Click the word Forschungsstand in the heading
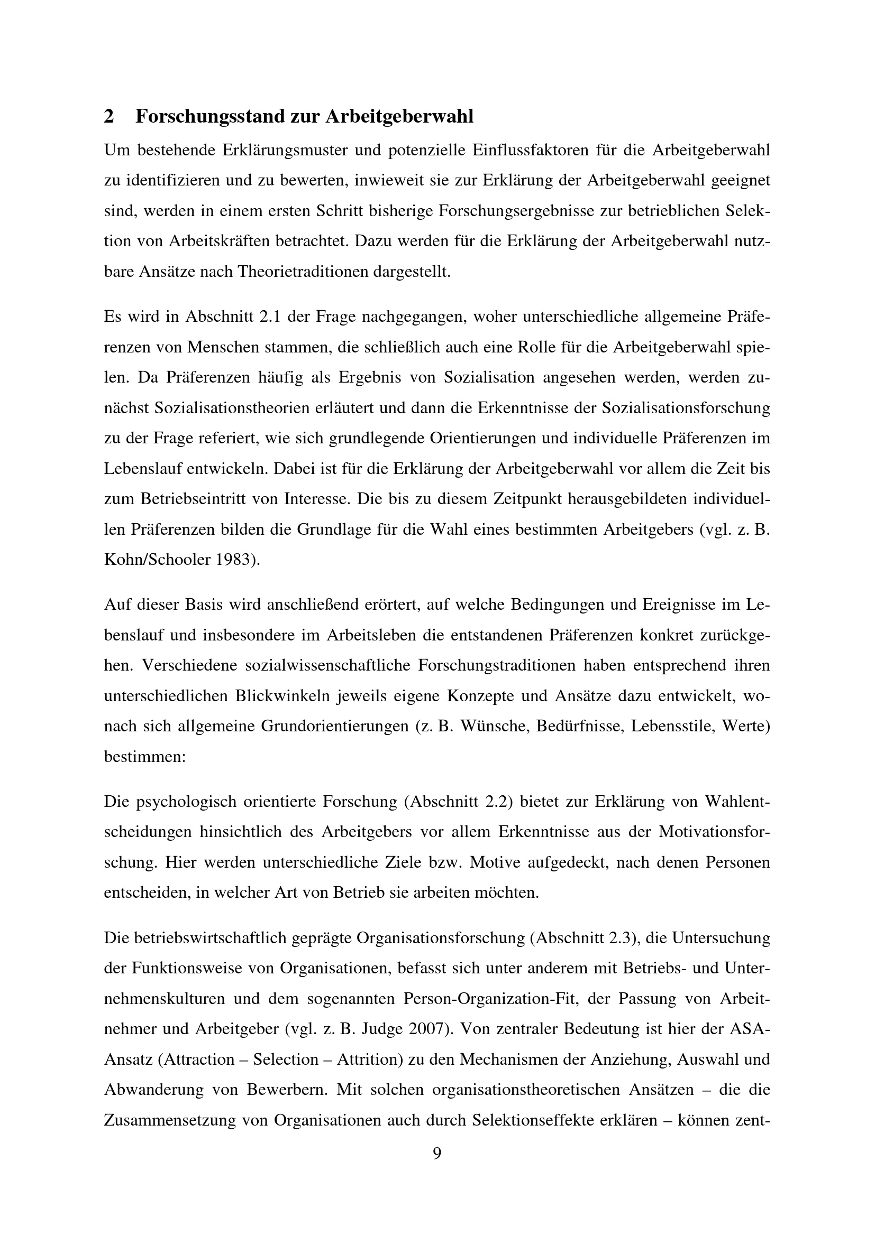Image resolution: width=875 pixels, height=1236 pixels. coord(210,117)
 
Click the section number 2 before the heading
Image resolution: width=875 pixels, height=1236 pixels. coord(109,117)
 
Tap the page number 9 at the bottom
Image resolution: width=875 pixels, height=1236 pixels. coord(437,1153)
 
